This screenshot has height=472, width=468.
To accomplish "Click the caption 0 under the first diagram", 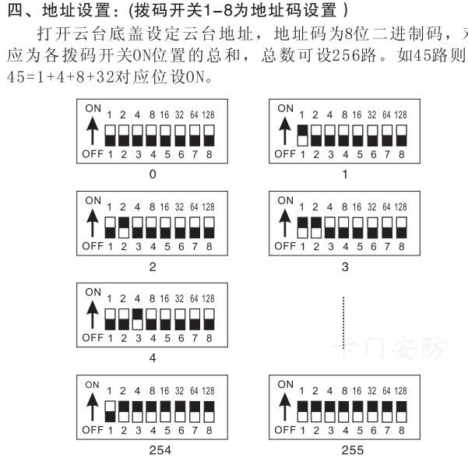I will [x=153, y=174].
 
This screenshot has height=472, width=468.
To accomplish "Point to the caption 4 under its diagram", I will [x=153, y=358].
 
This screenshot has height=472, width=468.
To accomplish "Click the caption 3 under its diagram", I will [x=345, y=266].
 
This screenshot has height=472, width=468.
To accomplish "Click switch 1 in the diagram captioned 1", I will [x=303, y=134].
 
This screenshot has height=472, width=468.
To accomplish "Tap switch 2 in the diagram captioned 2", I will [x=124, y=227].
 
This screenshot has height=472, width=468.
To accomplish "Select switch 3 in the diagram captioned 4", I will [x=138, y=319].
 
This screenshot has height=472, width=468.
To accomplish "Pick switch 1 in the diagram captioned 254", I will [x=110, y=410].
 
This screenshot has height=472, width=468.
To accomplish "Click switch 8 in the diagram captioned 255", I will [x=401, y=410].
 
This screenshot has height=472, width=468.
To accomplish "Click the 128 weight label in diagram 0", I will [x=208, y=114].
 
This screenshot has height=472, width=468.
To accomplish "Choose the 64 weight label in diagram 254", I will [x=193, y=391].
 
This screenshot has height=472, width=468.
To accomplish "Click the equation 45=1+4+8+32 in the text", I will [x=53, y=79].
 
